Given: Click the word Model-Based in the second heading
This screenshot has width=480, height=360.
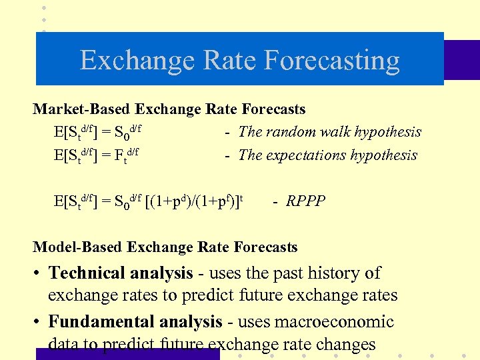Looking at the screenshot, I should pyautogui.click(x=78, y=247).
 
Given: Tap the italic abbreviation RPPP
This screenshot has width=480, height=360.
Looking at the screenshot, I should pyautogui.click(x=306, y=201).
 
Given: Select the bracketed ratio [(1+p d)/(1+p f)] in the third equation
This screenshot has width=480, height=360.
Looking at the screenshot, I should pyautogui.click(x=193, y=201).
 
